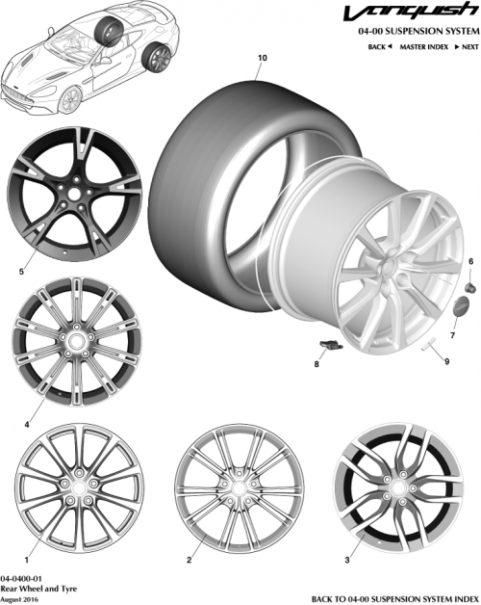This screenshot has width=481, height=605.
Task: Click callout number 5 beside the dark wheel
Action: (x=20, y=272)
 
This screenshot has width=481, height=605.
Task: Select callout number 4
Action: (x=26, y=423)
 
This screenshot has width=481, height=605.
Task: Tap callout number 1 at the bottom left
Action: (x=26, y=558)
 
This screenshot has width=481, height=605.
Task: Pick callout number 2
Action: (x=190, y=559)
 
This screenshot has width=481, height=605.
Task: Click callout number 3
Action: (x=346, y=559)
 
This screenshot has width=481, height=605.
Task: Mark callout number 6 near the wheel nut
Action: (x=471, y=262)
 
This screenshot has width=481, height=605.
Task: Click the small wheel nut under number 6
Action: (x=471, y=286)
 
